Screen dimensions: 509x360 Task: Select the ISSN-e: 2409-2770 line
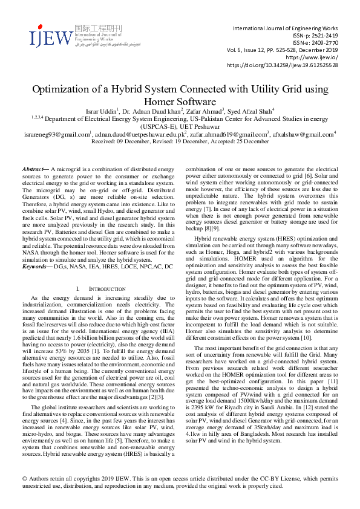tap(309, 43)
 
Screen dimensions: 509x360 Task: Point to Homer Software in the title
tap(180, 102)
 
